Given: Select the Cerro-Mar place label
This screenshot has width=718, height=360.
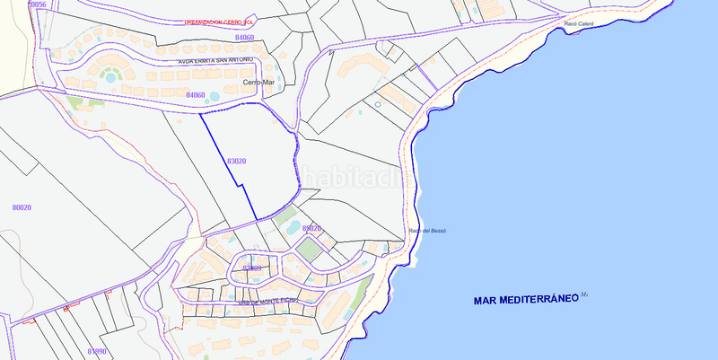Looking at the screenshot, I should tap(258, 82).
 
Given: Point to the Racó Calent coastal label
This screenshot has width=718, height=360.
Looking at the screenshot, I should tap(581, 24).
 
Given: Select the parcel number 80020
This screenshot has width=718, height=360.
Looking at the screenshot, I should tap(22, 207).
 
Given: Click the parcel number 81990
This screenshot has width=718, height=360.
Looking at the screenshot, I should tap(97, 351).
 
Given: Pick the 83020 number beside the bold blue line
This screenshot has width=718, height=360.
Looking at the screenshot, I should tap(237, 161).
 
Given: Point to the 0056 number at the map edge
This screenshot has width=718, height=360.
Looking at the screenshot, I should tap(37, 4).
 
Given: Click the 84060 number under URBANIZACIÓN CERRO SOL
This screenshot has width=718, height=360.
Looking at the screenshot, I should tap(244, 38).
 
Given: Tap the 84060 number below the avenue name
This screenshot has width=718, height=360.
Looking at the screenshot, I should tap(196, 94).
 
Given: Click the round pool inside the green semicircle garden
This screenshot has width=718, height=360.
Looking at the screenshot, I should tap(110, 77).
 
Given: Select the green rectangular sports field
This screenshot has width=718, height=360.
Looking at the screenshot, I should tap(309, 249).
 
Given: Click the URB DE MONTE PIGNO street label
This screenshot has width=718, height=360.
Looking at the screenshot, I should tap(268, 303).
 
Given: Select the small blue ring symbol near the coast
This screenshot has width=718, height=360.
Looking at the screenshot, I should tap(378, 105).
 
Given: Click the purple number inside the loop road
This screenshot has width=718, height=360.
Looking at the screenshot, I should tap(252, 268).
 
